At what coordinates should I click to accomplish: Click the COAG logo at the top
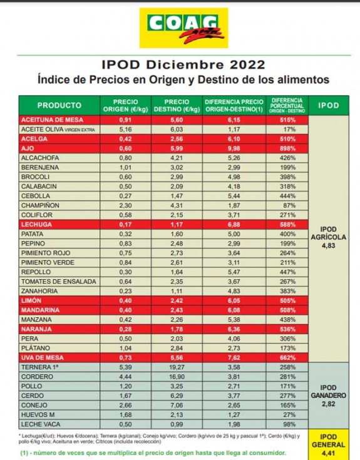pyautogui.click(x=183, y=28)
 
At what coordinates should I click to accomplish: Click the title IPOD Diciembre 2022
pyautogui.click(x=183, y=64)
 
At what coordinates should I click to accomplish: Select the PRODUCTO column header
pyautogui.click(x=59, y=105)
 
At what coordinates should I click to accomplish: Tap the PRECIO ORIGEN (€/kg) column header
pyautogui.click(x=126, y=106)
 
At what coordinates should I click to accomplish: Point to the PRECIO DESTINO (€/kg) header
pyautogui.click(x=177, y=106)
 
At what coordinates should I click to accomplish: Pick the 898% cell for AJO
pyautogui.click(x=287, y=148)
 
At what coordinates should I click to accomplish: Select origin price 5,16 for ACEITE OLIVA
pyautogui.click(x=126, y=130)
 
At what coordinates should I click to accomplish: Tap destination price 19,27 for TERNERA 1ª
pyautogui.click(x=177, y=367)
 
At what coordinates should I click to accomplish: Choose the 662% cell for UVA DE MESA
pyautogui.click(x=287, y=357)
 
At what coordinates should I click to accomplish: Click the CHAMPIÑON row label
pyautogui.click(x=40, y=205)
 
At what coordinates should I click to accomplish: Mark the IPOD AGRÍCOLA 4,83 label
pyautogui.click(x=328, y=237)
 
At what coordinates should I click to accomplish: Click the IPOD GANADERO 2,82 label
pyautogui.click(x=328, y=396)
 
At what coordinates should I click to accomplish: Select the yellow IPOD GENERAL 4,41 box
pyautogui.click(x=328, y=445)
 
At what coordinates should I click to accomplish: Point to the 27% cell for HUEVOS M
pyautogui.click(x=290, y=415)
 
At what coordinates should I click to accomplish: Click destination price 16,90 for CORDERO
pyautogui.click(x=177, y=377)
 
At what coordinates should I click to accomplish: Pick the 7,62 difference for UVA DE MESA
pyautogui.click(x=234, y=357)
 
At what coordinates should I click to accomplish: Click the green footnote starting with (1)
pyautogui.click(x=153, y=453)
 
